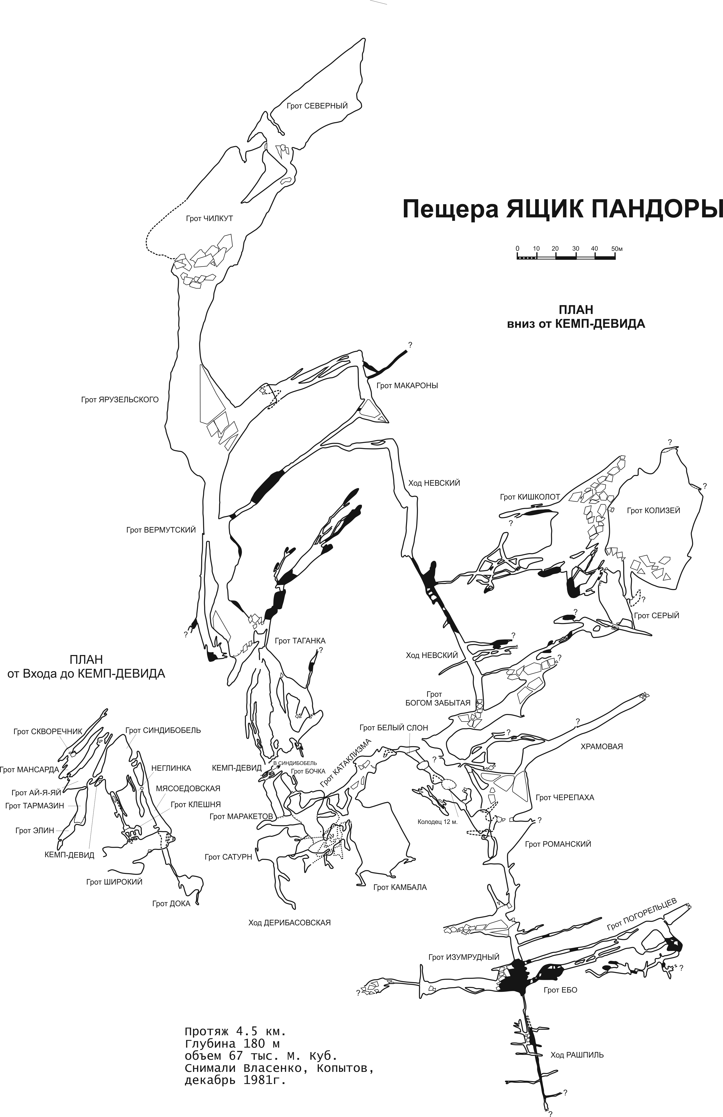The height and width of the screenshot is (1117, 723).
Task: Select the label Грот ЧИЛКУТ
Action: coord(209,219)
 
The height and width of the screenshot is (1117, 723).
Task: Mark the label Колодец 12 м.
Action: coord(438,822)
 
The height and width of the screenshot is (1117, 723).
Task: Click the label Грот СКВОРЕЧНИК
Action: coord(48,731)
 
